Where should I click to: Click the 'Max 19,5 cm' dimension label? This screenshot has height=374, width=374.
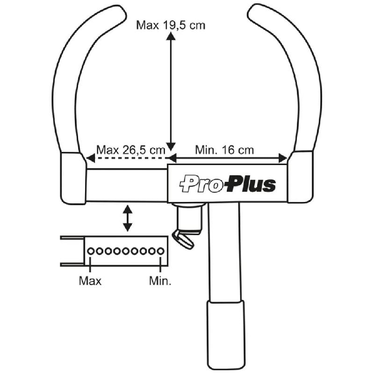pyautogui.click(x=171, y=24)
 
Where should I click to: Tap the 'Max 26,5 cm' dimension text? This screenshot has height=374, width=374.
pyautogui.click(x=131, y=150)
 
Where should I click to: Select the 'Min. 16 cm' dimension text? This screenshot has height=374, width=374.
pyautogui.click(x=224, y=150)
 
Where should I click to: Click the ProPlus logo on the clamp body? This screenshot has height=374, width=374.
pyautogui.click(x=228, y=185)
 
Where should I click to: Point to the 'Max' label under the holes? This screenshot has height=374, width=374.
pyautogui.click(x=90, y=280)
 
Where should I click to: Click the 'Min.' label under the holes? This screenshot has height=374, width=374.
pyautogui.click(x=160, y=280)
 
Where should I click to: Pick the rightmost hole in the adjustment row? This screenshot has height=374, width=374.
pyautogui.click(x=161, y=251)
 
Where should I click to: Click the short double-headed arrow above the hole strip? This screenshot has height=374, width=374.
pyautogui.click(x=127, y=218)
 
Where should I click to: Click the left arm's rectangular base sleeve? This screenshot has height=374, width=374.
pyautogui.click(x=73, y=178)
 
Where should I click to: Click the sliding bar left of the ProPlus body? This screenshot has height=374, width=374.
pyautogui.click(x=127, y=185)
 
